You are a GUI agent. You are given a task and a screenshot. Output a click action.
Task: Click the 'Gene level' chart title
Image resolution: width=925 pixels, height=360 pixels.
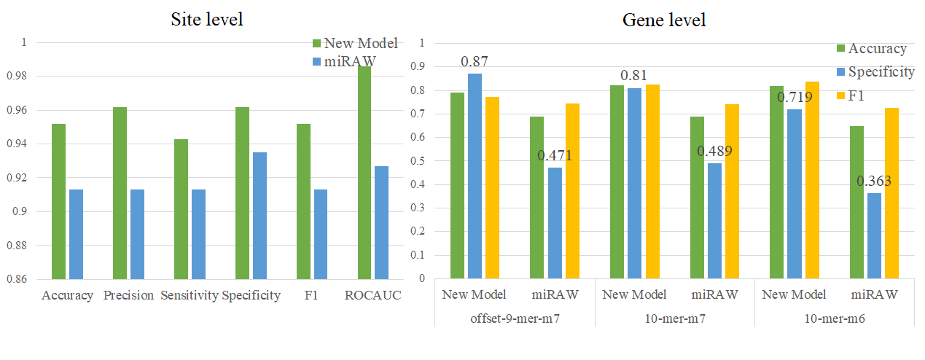click(663, 20)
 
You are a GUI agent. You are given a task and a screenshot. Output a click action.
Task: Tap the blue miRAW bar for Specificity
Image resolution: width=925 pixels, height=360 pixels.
click(259, 215)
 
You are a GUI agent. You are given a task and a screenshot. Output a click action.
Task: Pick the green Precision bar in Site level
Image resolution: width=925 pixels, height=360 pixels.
click(120, 192)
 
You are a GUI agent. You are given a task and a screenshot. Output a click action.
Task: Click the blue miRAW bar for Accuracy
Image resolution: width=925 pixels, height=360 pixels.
click(76, 234)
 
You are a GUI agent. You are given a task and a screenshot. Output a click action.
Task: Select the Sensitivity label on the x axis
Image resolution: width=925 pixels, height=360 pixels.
click(190, 296)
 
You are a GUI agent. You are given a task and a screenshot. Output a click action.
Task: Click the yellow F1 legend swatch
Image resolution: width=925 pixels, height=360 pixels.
click(840, 95)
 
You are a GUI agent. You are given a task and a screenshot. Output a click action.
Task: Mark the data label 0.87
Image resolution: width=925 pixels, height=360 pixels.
click(475, 60)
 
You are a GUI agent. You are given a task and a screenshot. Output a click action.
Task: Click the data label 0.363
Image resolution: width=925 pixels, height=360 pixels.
click(874, 181)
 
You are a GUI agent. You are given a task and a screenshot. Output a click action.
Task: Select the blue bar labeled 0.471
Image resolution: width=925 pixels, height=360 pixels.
click(555, 223)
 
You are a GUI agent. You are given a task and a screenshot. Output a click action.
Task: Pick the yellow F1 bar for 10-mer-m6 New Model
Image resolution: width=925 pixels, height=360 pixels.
click(812, 180)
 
